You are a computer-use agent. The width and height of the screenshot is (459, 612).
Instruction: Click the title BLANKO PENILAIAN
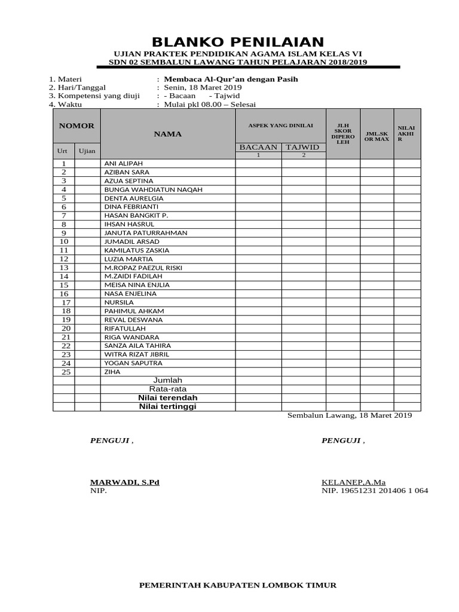[238, 42]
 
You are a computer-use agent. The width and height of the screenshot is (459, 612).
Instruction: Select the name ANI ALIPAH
[124, 163]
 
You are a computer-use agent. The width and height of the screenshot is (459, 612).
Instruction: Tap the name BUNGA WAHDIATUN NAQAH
[154, 189]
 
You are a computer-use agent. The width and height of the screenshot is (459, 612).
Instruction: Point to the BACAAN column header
[258, 147]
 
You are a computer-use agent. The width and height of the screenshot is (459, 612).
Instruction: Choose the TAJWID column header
[303, 147]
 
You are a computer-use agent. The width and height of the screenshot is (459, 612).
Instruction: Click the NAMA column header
[168, 134]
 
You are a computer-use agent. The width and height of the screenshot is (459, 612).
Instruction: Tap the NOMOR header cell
[76, 126]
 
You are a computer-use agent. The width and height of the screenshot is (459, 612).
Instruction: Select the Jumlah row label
[168, 380]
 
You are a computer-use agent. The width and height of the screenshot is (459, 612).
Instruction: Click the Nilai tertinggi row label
[168, 406]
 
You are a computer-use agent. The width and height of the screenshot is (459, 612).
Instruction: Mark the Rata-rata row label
[168, 389]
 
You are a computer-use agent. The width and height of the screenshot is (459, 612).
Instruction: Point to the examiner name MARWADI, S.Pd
[125, 482]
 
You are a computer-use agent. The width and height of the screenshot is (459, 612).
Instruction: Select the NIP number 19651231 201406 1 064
[383, 491]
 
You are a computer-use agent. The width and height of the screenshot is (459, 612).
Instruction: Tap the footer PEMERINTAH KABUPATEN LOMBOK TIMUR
[238, 585]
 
